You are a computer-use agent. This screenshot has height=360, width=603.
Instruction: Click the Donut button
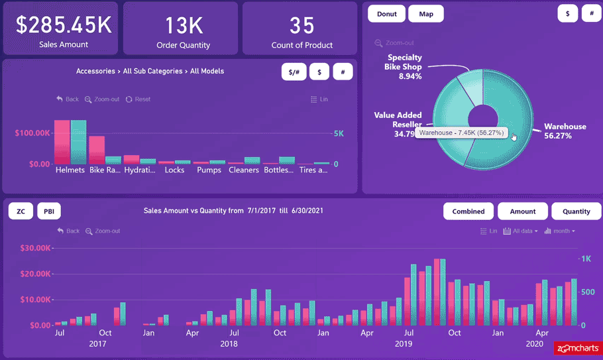[386, 14]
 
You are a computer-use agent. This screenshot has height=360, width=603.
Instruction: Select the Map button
[426, 14]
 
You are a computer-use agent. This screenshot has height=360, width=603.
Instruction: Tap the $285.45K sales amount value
[64, 25]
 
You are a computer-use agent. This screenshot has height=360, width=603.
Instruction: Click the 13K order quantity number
[184, 26]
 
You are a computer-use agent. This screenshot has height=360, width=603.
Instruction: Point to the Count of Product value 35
[301, 26]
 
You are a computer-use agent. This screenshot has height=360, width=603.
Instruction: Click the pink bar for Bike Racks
[97, 150]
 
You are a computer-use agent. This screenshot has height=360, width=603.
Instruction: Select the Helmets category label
[70, 170]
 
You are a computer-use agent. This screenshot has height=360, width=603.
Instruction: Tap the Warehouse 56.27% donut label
[565, 131]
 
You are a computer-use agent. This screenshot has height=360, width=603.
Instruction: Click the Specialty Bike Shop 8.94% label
[404, 67]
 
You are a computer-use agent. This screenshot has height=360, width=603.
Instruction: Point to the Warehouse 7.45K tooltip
[461, 133]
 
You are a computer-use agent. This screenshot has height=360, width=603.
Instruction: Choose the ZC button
[21, 211]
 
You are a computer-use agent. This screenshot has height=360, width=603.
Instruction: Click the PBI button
[49, 211]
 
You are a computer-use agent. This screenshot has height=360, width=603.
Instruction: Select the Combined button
[468, 211]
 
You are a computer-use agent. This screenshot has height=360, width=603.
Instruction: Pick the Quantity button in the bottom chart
[576, 211]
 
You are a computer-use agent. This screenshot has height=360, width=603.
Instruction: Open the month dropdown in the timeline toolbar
[560, 231]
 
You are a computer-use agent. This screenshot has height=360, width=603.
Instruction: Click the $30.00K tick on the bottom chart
[35, 248]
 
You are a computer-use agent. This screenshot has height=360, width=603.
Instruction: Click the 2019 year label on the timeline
[404, 344]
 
